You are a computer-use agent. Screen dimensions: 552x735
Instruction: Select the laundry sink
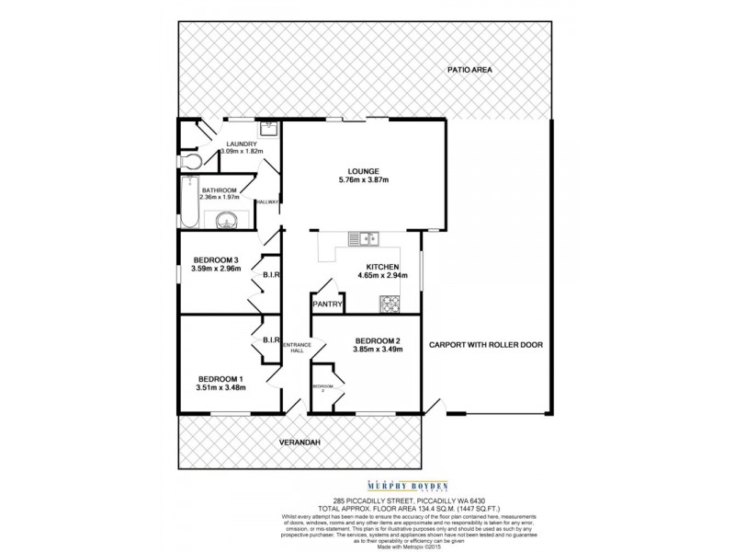(x=267, y=130)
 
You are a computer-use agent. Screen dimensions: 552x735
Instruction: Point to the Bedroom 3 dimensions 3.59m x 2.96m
(x=216, y=269)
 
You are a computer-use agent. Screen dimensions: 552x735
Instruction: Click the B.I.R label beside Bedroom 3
(x=270, y=274)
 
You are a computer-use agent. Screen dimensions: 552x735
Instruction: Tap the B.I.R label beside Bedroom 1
(x=270, y=340)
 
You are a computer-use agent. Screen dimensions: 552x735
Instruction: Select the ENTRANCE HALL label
(x=295, y=347)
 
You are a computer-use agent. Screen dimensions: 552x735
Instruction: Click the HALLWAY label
(x=267, y=202)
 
